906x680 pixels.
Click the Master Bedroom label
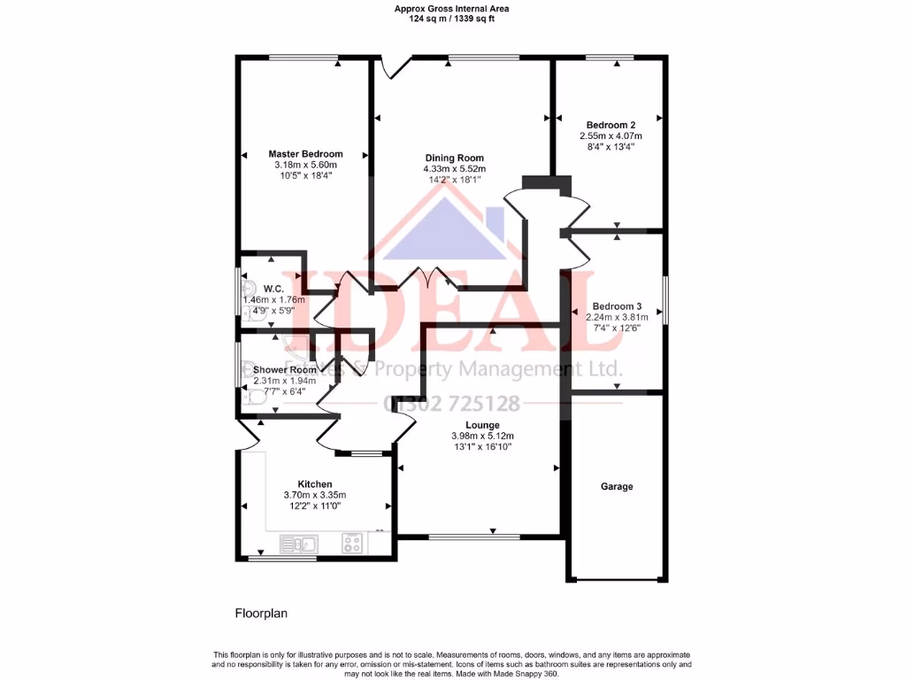tap(305, 154)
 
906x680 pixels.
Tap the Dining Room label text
tap(454, 158)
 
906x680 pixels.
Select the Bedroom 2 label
tap(610, 125)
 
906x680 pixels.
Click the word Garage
tap(617, 487)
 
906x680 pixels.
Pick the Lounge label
tap(482, 425)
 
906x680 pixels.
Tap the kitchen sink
tap(298, 544)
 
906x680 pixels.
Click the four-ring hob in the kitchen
tap(352, 544)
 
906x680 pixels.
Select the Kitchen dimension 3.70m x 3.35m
tap(314, 495)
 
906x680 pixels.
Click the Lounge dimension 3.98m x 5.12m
tap(482, 436)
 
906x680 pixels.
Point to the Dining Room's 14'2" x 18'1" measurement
tap(454, 180)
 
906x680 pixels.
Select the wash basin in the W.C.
tap(249, 289)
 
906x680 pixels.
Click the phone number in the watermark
tap(451, 405)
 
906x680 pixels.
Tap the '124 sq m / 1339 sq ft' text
tap(451, 18)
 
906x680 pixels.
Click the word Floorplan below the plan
tap(261, 613)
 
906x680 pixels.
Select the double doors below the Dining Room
tap(429, 280)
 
